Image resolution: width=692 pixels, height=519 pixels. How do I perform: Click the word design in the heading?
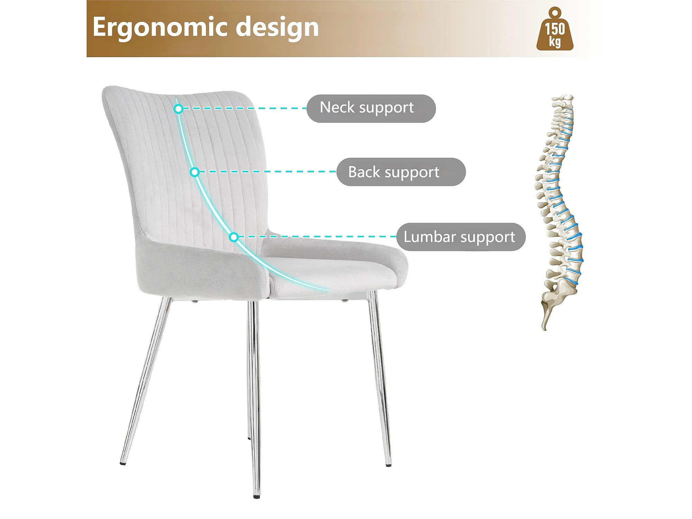tap(277, 27)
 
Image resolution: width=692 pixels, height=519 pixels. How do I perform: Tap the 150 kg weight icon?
tap(555, 29)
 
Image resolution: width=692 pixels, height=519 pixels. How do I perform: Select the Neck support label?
tap(371, 108)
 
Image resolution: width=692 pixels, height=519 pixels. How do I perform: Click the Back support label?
tap(401, 172)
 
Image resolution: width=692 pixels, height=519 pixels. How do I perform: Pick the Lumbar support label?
tap(461, 237)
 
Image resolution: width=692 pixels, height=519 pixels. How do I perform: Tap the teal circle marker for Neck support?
tap(178, 109)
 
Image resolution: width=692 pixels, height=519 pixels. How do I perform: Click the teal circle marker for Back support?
tap(194, 172)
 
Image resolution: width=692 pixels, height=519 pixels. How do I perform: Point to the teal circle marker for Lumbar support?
tap(234, 237)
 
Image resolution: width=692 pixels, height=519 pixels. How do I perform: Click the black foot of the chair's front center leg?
tap(257, 497)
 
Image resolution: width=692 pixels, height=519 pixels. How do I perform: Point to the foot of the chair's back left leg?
tap(123, 463)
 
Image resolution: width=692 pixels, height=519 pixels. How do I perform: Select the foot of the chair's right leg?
tap(389, 465)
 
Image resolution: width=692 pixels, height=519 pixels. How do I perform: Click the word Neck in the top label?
tap(337, 107)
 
